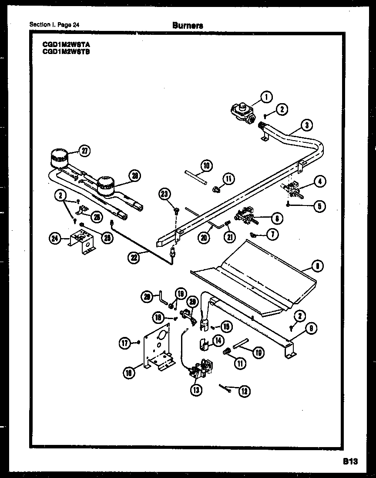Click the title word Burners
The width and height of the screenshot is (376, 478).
point(188,25)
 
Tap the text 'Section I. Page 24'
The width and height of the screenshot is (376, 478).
point(54,25)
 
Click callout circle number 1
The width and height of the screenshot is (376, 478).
point(266,97)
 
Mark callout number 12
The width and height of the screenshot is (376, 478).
point(244,391)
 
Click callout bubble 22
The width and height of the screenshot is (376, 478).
point(134,257)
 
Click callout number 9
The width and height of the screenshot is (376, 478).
point(310,329)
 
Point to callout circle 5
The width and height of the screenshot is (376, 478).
point(319,206)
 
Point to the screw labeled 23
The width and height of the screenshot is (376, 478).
point(177,211)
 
